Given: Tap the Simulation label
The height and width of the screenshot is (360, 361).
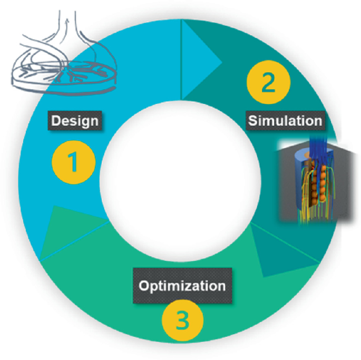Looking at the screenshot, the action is pyautogui.click(x=285, y=120).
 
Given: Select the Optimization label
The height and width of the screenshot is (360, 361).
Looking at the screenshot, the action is pyautogui.click(x=182, y=286).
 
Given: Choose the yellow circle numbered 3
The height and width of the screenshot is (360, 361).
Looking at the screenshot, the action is pyautogui.click(x=182, y=321).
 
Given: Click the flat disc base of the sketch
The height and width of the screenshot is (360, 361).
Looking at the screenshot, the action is pyautogui.click(x=69, y=79).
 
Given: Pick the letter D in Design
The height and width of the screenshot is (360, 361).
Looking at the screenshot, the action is pyautogui.click(x=55, y=121).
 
